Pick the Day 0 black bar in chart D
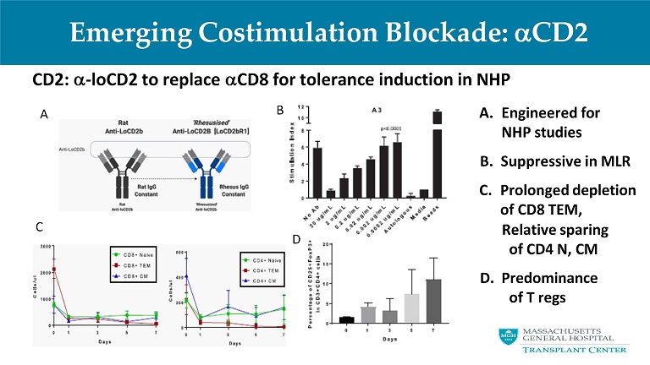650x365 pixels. (x=345, y=319)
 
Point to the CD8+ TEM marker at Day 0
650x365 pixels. (x=54, y=270)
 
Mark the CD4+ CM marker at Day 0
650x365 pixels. (x=186, y=275)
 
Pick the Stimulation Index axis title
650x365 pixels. (x=289, y=152)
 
